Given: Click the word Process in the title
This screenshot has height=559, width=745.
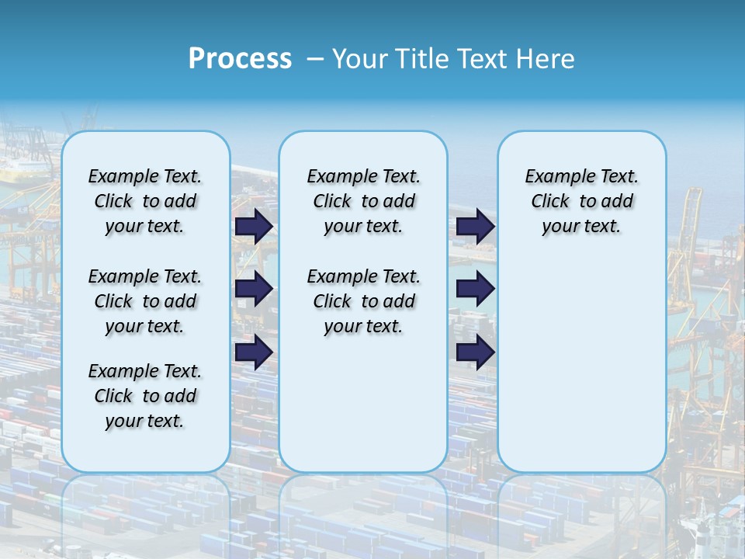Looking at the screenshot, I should pyautogui.click(x=240, y=59).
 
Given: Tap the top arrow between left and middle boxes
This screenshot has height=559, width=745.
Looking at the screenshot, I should pyautogui.click(x=254, y=227).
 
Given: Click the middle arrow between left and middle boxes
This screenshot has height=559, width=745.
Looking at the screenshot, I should pyautogui.click(x=254, y=289).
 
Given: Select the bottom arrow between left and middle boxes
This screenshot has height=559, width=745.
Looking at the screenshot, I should pyautogui.click(x=254, y=352).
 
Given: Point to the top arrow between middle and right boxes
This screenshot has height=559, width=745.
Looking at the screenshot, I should pyautogui.click(x=476, y=227).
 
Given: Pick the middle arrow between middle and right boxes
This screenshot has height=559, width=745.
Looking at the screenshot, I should pyautogui.click(x=476, y=289).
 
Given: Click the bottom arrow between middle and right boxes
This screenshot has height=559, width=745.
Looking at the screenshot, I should pyautogui.click(x=476, y=352).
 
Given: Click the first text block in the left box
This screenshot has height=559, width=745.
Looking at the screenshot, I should pyautogui.click(x=145, y=202).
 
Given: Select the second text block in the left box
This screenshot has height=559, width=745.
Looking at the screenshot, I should pyautogui.click(x=145, y=301).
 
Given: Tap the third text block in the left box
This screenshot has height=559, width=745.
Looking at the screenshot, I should pyautogui.click(x=145, y=396).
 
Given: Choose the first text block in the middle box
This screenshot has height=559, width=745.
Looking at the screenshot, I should pyautogui.click(x=363, y=202).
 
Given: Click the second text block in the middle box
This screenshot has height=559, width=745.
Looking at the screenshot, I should pyautogui.click(x=363, y=301).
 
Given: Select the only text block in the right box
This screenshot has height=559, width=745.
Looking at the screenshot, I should pyautogui.click(x=581, y=202).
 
